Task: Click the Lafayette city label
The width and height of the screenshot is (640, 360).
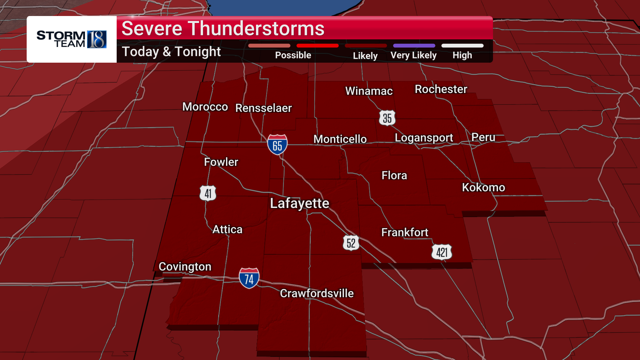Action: (x=299, y=203)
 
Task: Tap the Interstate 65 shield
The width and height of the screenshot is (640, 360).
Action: (x=277, y=144)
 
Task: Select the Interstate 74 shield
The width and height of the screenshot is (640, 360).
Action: (x=249, y=278)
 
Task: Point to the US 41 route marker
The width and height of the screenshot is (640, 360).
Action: (x=208, y=193)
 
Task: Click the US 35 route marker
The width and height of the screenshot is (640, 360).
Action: (x=387, y=118)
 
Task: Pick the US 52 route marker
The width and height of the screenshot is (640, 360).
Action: (x=351, y=243)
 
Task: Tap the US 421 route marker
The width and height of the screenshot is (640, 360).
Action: (x=442, y=252)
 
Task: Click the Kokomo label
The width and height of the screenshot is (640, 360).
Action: (x=483, y=187)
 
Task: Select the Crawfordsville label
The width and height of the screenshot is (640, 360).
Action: (x=317, y=293)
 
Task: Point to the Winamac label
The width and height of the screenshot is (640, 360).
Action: (x=369, y=91)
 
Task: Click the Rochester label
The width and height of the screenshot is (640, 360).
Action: (x=441, y=89)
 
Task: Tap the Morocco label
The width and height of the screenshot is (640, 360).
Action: (x=205, y=107)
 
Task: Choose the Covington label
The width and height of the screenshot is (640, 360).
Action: (x=185, y=267)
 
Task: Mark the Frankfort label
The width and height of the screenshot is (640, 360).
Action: (x=405, y=232)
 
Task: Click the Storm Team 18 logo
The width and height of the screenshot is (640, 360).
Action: (x=72, y=39)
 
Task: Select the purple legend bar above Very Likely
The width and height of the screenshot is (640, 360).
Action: (x=414, y=46)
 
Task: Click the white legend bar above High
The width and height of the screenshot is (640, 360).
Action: (x=462, y=46)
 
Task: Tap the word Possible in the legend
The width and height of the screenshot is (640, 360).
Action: (x=293, y=55)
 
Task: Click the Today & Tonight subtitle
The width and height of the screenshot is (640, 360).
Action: (x=171, y=52)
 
